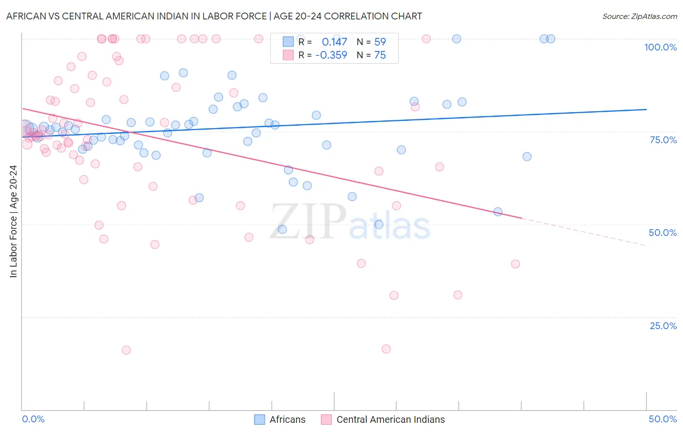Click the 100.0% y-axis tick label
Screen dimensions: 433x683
pyautogui.click(x=660, y=47)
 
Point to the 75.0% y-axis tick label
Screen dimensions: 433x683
pyautogui.click(x=663, y=140)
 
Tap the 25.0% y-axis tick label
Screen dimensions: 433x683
pyautogui.click(x=663, y=326)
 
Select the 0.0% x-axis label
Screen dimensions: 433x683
pyautogui.click(x=33, y=419)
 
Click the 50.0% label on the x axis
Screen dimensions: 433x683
pyautogui.click(x=663, y=419)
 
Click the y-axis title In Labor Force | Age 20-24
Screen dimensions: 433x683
pyautogui.click(x=13, y=221)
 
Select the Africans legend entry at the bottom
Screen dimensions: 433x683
pyautogui.click(x=280, y=419)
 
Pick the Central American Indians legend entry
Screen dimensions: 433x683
pyautogui.click(x=383, y=419)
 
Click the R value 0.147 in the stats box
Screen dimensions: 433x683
pyautogui.click(x=334, y=42)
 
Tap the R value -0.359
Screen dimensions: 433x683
pyautogui.click(x=331, y=55)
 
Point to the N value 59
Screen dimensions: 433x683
pyautogui.click(x=380, y=42)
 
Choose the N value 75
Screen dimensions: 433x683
pyautogui.click(x=380, y=55)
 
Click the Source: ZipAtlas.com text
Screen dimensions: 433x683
pyautogui.click(x=639, y=17)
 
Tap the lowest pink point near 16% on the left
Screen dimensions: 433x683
pyautogui.click(x=126, y=350)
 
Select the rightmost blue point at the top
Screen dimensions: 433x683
pyautogui.click(x=551, y=39)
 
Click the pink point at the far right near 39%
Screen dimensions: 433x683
pyautogui.click(x=515, y=264)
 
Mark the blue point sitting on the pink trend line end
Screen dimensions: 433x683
pyautogui.click(x=498, y=212)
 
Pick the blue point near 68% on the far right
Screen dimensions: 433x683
pyautogui.click(x=527, y=157)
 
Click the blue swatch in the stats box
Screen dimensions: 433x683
pyautogui.click(x=288, y=42)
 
